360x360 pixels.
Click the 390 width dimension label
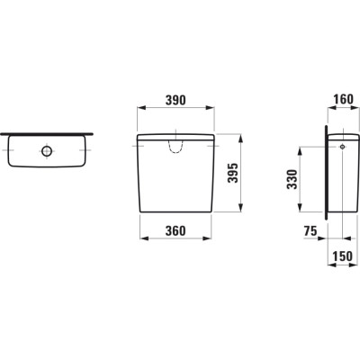click(x=175, y=100)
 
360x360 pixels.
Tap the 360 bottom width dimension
click(x=175, y=230)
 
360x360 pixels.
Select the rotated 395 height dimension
click(x=232, y=173)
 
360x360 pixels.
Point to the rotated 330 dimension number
click(x=292, y=179)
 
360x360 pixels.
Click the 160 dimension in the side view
click(x=343, y=99)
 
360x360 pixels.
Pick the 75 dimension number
click(x=310, y=231)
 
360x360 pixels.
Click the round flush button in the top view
click(x=47, y=151)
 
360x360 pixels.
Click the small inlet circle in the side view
click(x=342, y=147)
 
